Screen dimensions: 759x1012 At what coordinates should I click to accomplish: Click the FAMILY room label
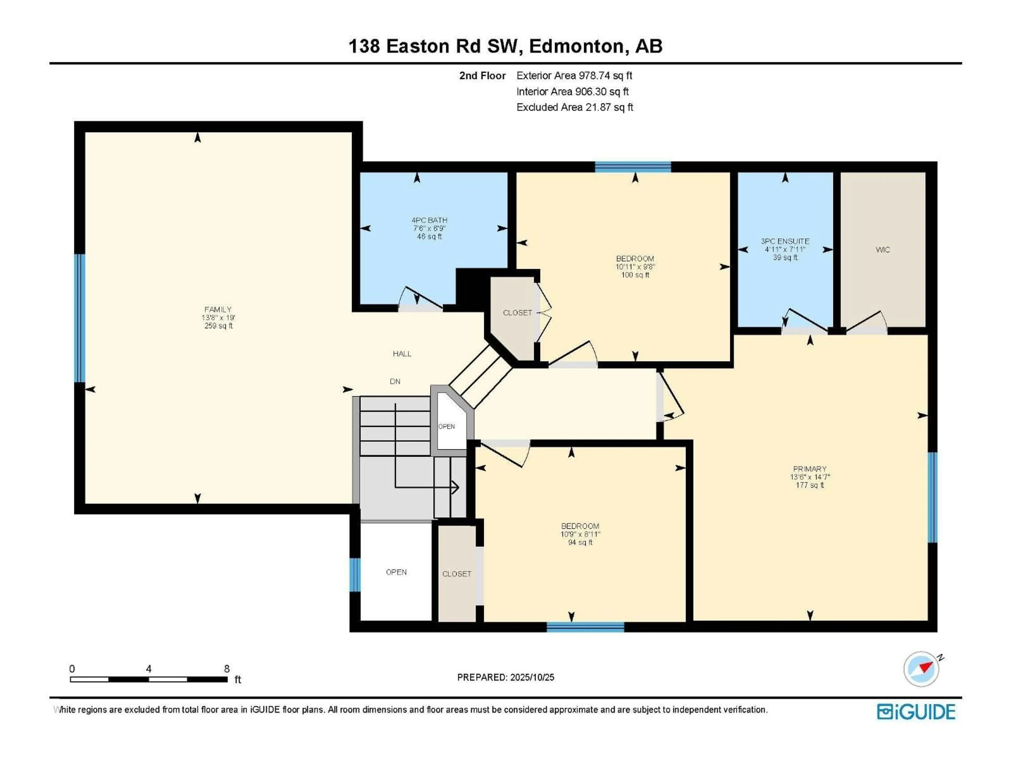point(218,310)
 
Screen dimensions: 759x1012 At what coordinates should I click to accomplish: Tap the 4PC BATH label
point(429,220)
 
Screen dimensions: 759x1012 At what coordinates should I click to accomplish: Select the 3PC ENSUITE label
point(785,241)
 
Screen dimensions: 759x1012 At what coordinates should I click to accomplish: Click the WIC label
point(883,250)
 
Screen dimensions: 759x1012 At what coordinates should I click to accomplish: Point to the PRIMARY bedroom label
point(809,469)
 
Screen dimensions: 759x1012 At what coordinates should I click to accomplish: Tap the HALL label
point(402,354)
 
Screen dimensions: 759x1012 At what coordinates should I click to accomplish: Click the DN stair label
point(395,382)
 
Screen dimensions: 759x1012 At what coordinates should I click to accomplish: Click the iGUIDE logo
point(916,712)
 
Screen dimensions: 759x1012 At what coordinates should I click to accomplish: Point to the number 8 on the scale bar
point(227,669)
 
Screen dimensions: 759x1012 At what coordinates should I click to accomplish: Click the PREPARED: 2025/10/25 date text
point(505,678)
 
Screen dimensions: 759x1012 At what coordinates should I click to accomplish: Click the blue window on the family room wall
point(80,318)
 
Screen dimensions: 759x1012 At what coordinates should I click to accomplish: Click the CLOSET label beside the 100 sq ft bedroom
point(517,313)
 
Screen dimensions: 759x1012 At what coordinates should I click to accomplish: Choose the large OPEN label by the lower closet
point(396,572)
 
